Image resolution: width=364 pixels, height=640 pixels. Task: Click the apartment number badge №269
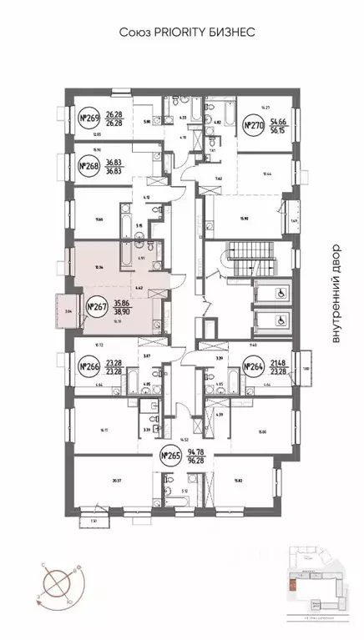point(89,118)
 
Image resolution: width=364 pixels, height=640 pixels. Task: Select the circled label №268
point(89,167)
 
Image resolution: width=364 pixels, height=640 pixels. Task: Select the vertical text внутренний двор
point(336,293)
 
